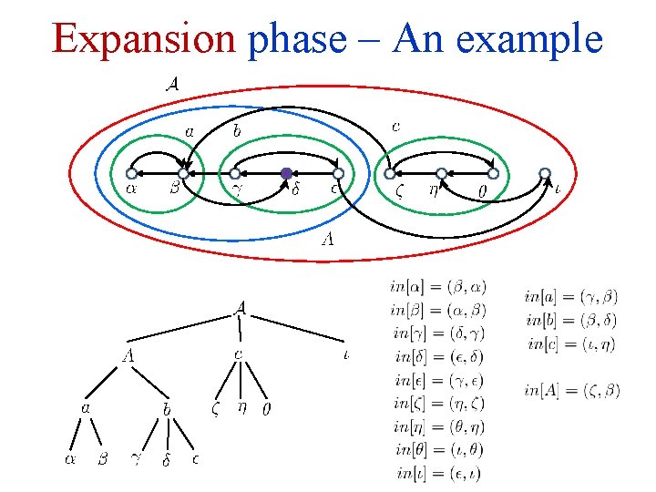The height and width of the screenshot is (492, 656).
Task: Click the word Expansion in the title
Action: click(x=145, y=39)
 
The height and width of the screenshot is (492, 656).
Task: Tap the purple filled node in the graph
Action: click(x=286, y=173)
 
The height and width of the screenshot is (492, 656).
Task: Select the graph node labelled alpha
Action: click(x=131, y=173)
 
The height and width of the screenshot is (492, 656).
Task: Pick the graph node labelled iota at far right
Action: click(x=545, y=173)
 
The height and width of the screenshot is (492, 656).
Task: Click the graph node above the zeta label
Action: click(x=390, y=173)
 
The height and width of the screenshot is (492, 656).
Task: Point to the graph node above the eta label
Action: click(x=441, y=173)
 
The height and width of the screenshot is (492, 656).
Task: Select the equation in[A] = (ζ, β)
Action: click(x=572, y=390)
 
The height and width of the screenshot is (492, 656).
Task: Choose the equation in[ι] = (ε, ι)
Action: click(x=438, y=472)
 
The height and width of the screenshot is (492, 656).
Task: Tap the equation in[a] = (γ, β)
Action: click(x=571, y=295)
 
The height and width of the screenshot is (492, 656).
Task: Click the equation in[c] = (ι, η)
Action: click(x=572, y=343)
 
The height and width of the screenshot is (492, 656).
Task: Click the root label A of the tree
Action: click(x=240, y=308)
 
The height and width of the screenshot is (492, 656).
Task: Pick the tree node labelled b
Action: click(x=168, y=409)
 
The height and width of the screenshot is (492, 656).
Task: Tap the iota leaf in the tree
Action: click(x=347, y=354)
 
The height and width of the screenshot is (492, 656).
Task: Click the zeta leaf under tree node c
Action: click(x=215, y=409)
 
